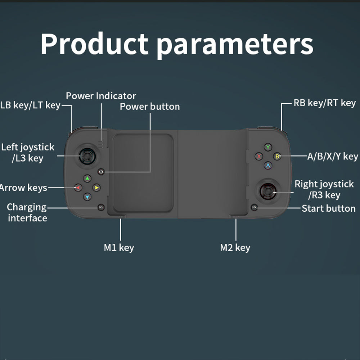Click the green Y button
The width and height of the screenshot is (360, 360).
tap(268, 147)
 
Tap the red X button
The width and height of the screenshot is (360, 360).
tap(258, 156)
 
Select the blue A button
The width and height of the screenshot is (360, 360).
tap(268, 166)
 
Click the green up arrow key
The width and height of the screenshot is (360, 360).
tap(87, 178)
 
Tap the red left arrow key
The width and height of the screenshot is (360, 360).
tap(78, 188)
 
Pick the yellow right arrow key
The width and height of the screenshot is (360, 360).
tap(96, 188)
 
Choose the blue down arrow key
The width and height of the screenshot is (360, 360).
tap(87, 197)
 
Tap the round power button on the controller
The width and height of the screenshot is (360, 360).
tap(101, 172)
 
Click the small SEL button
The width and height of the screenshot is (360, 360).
tap(101, 207)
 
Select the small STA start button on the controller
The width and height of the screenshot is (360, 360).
tap(255, 208)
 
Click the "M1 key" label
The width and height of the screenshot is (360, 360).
tap(119, 248)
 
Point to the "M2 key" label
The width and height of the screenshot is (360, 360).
tap(235, 248)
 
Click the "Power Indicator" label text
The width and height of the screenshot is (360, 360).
tap(101, 96)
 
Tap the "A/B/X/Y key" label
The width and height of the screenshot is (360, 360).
tap(332, 156)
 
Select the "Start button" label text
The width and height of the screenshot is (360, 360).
tap(328, 208)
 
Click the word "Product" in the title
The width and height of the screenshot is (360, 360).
tap(94, 44)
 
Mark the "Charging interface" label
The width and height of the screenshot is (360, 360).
tap(27, 212)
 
